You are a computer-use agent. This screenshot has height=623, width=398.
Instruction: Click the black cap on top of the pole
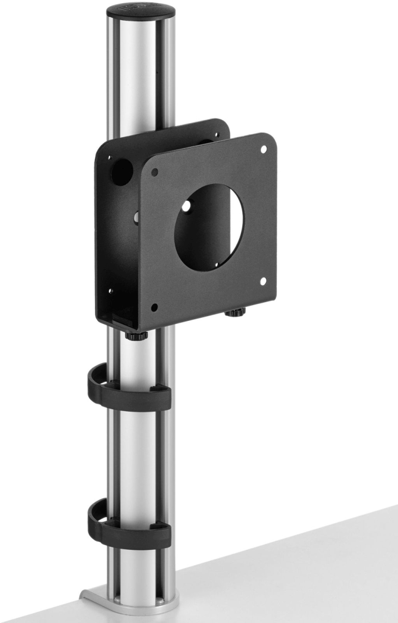pyautogui.click(x=141, y=11)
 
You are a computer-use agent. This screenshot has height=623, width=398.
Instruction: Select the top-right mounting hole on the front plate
pyautogui.click(x=263, y=149)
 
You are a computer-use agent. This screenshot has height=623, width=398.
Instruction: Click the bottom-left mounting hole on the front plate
pyautogui.click(x=154, y=307)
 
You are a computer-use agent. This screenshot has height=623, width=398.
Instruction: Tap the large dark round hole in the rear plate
pyautogui.click(x=121, y=172)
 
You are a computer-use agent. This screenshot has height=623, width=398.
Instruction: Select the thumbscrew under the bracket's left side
pyautogui.click(x=136, y=335)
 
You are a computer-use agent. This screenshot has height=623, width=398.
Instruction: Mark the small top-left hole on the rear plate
pyautogui.click(x=109, y=158)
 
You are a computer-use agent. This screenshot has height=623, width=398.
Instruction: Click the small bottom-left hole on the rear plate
pyautogui.click(x=109, y=291)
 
